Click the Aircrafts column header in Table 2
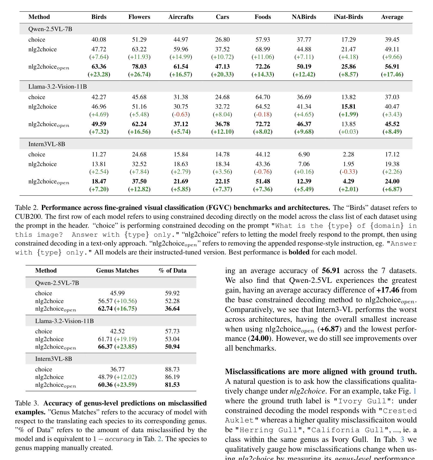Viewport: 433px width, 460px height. [x=181, y=17]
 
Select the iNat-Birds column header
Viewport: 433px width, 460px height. [x=348, y=17]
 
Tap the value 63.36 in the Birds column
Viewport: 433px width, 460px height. [x=99, y=67]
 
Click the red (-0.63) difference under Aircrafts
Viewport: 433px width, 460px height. [x=181, y=115]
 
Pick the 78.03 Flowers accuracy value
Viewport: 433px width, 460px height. [x=139, y=67]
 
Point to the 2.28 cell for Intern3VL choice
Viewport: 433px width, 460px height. [x=348, y=155]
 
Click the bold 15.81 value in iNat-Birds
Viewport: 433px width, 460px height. [x=348, y=107]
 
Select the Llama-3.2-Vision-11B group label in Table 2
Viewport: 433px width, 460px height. [x=57, y=87]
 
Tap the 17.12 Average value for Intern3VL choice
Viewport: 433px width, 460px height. [x=392, y=155]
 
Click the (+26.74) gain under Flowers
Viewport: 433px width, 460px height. [x=139, y=74]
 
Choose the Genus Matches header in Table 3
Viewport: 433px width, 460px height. [x=117, y=271]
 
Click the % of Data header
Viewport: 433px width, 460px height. [x=172, y=271]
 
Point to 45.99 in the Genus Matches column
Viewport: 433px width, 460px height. [x=117, y=293]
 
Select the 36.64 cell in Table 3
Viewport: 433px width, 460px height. [x=172, y=309]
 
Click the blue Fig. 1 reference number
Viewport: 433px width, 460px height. [x=415, y=391]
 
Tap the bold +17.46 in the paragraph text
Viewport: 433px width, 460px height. [x=388, y=290]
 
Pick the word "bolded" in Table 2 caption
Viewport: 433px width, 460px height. [x=299, y=252]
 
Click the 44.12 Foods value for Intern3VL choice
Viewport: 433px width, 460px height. [x=263, y=155]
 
